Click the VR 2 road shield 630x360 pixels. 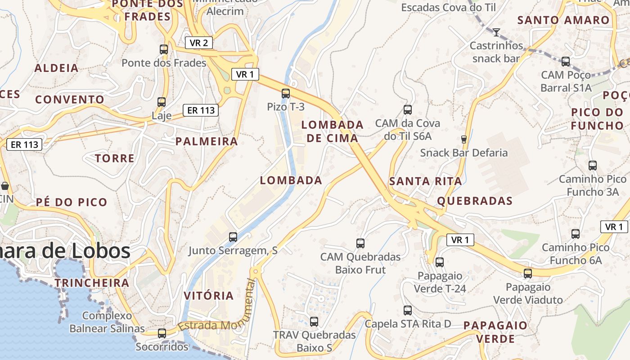(198, 43)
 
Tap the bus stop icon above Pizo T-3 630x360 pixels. (286, 94)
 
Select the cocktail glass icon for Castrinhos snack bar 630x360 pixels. (496, 32)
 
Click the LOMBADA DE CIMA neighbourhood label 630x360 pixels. (333, 131)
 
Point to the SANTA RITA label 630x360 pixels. (425, 181)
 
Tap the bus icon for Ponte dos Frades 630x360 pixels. (164, 49)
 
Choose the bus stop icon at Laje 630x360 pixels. (162, 102)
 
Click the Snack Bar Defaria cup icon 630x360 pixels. (464, 139)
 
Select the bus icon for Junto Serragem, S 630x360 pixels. (233, 237)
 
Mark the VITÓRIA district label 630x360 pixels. (209, 296)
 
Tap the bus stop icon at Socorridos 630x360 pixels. (162, 333)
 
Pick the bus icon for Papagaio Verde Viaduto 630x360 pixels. (528, 273)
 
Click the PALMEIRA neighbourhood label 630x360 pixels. (207, 141)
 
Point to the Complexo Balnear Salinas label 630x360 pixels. (107, 322)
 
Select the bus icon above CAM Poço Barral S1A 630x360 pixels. (566, 62)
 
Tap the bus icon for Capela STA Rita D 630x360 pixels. (408, 310)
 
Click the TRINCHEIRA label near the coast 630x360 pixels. (92, 283)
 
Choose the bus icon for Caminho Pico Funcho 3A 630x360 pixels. (593, 166)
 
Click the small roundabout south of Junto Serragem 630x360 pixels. (256, 271)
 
